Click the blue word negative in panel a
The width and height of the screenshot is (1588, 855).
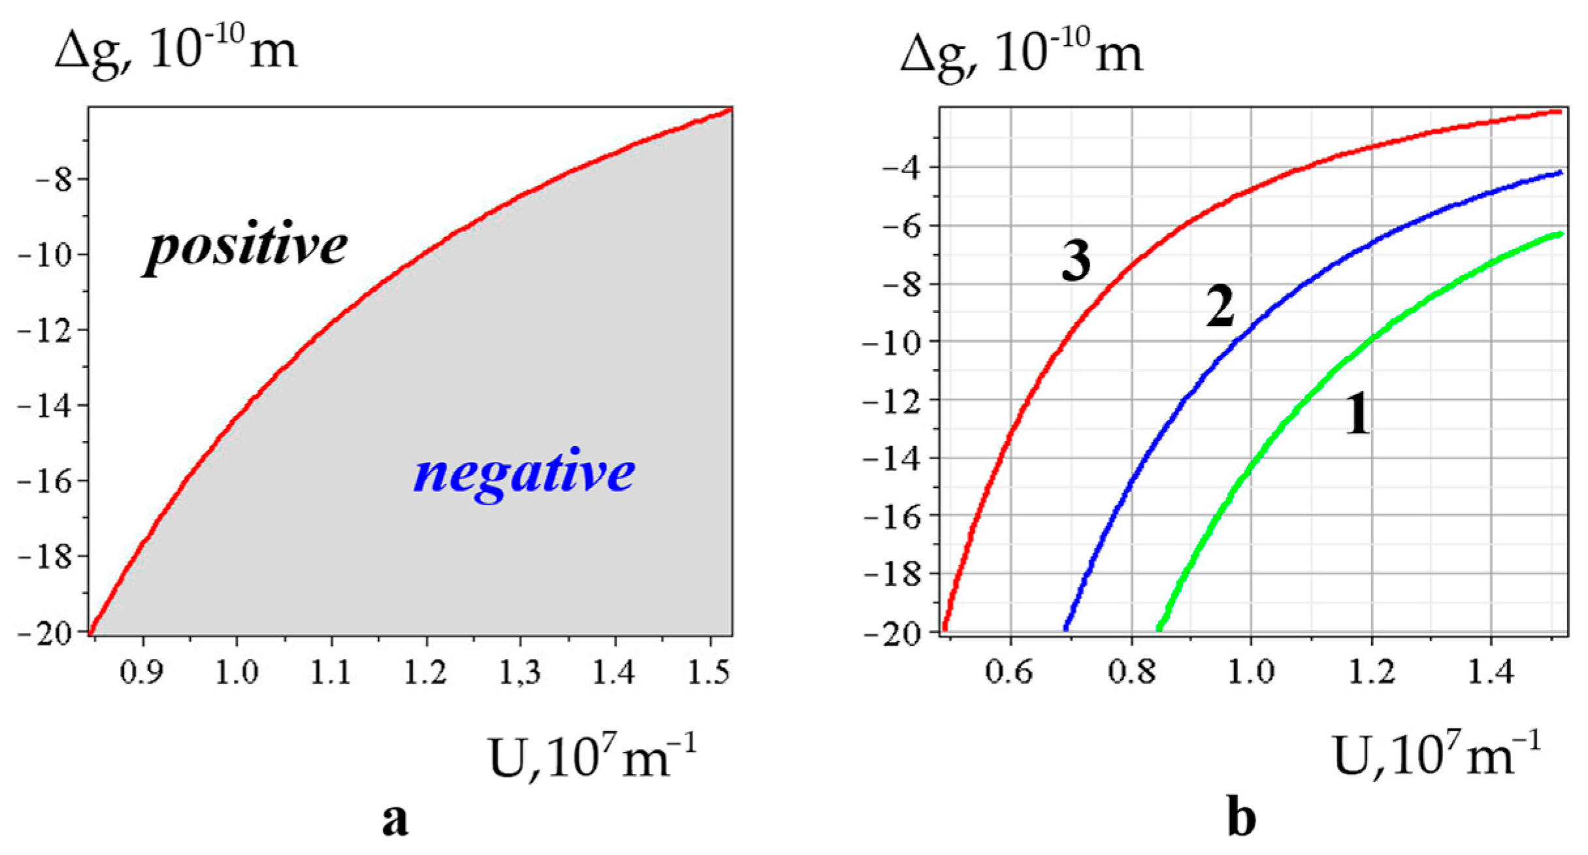click(x=524, y=474)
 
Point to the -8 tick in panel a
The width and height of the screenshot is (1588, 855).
click(x=54, y=180)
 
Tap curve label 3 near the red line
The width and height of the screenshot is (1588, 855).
click(x=1076, y=260)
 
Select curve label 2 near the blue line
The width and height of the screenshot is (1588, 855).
click(x=1220, y=306)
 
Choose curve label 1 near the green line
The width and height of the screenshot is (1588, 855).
click(x=1358, y=414)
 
